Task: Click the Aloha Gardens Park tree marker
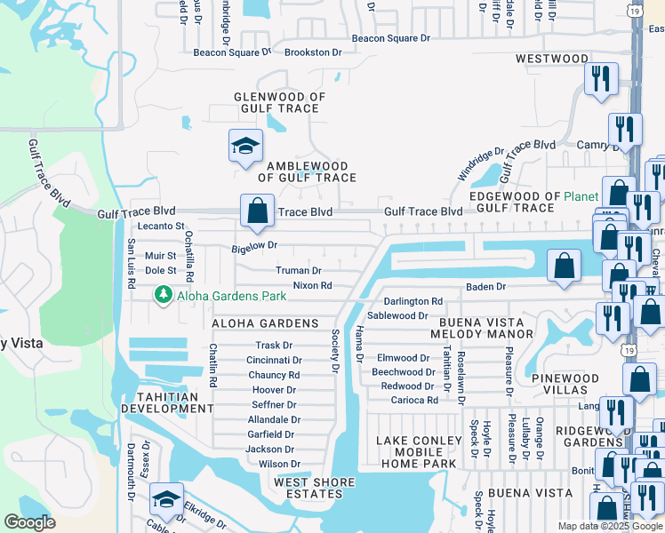pos(163,294)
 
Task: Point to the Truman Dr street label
pos(299,270)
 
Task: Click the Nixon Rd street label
pos(312,285)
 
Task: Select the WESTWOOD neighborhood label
pos(551,59)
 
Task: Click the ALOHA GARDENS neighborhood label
pos(265,322)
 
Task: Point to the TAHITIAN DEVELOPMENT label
pos(167,402)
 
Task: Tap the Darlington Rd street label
pos(413,301)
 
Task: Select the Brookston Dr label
pos(312,52)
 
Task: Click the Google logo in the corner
pos(30,521)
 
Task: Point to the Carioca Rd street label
pos(414,400)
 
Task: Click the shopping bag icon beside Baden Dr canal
pos(564,266)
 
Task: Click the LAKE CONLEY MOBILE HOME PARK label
pos(418,452)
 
